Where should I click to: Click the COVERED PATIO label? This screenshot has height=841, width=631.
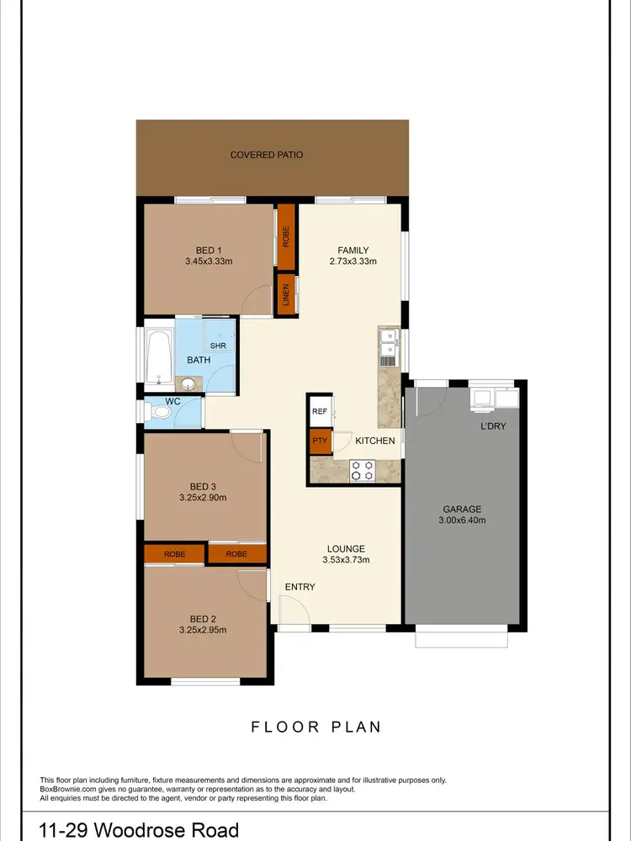[266, 155]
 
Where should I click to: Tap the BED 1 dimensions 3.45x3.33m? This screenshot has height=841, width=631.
[209, 262]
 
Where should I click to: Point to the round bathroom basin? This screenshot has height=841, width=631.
[191, 384]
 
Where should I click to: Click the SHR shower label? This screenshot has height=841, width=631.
[218, 346]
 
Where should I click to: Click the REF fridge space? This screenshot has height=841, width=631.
[320, 411]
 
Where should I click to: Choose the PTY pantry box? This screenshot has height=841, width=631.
[320, 441]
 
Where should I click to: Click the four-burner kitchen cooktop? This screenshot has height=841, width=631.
[362, 470]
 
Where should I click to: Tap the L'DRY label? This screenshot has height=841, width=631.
[493, 426]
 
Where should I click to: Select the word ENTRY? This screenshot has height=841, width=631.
[300, 587]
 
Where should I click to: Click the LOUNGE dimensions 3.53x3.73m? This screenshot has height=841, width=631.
[346, 560]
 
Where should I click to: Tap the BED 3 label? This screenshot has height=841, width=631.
[204, 487]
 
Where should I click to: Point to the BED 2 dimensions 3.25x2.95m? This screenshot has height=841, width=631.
[203, 629]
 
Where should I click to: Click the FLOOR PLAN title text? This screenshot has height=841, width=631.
[315, 727]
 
